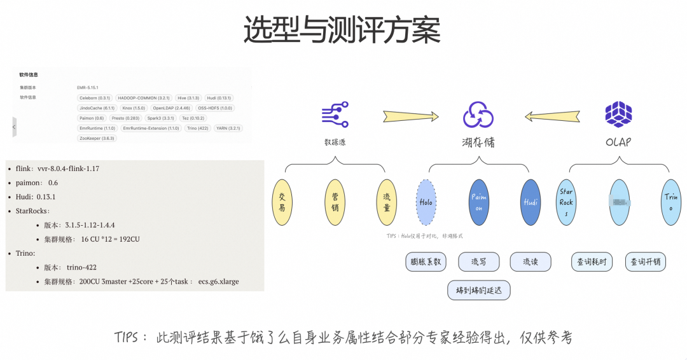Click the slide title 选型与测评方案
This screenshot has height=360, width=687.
(342, 29)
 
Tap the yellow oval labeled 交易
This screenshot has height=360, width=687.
(282, 202)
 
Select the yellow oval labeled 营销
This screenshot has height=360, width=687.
(335, 202)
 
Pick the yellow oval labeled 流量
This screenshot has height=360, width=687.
(387, 202)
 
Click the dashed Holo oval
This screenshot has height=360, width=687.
(426, 202)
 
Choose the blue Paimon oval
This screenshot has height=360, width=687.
(478, 202)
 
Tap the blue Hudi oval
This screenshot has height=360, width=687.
(530, 202)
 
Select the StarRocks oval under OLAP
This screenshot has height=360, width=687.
(566, 202)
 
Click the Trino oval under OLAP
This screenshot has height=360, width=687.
(671, 202)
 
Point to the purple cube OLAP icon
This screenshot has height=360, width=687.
(618, 114)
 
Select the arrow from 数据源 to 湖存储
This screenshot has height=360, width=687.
(411, 116)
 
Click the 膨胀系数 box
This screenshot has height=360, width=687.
(426, 261)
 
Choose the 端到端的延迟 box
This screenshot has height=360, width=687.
(478, 289)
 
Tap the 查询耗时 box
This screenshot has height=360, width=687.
(592, 261)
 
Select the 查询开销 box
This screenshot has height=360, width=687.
(645, 261)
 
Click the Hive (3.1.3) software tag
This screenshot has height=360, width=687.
(188, 98)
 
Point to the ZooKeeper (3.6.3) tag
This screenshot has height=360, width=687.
(97, 138)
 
